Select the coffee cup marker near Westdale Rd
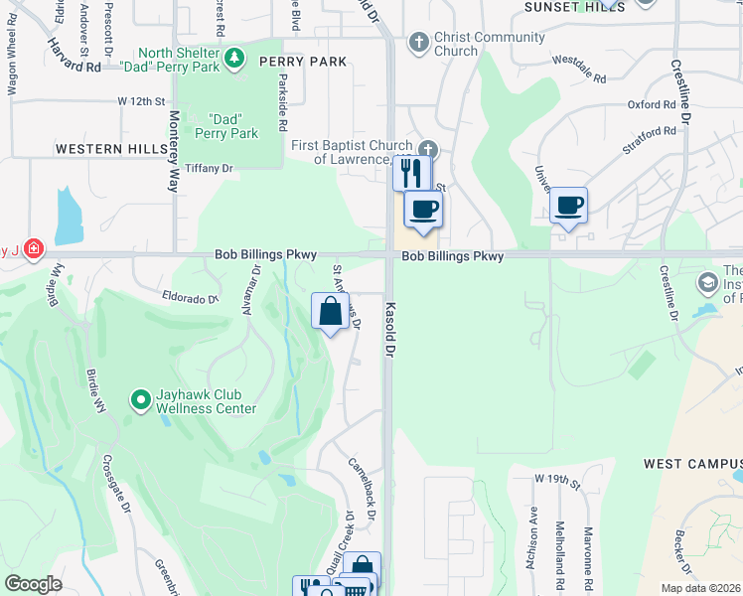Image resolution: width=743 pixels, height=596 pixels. [x=569, y=206]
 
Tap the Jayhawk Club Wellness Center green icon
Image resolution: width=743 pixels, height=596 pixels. [x=141, y=400]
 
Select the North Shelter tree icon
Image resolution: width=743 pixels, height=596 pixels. [x=234, y=59]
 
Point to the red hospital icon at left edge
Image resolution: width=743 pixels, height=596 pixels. [x=33, y=247]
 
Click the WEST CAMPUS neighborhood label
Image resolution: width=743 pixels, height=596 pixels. [x=692, y=464]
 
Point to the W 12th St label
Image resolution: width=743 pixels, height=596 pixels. [x=139, y=101]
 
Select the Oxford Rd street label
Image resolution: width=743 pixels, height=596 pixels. [x=652, y=104]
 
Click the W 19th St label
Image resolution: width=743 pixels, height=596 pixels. [x=556, y=479]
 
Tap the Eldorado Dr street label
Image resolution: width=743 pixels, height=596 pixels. [x=189, y=295]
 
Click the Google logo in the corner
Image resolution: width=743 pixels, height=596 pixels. [x=33, y=584]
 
